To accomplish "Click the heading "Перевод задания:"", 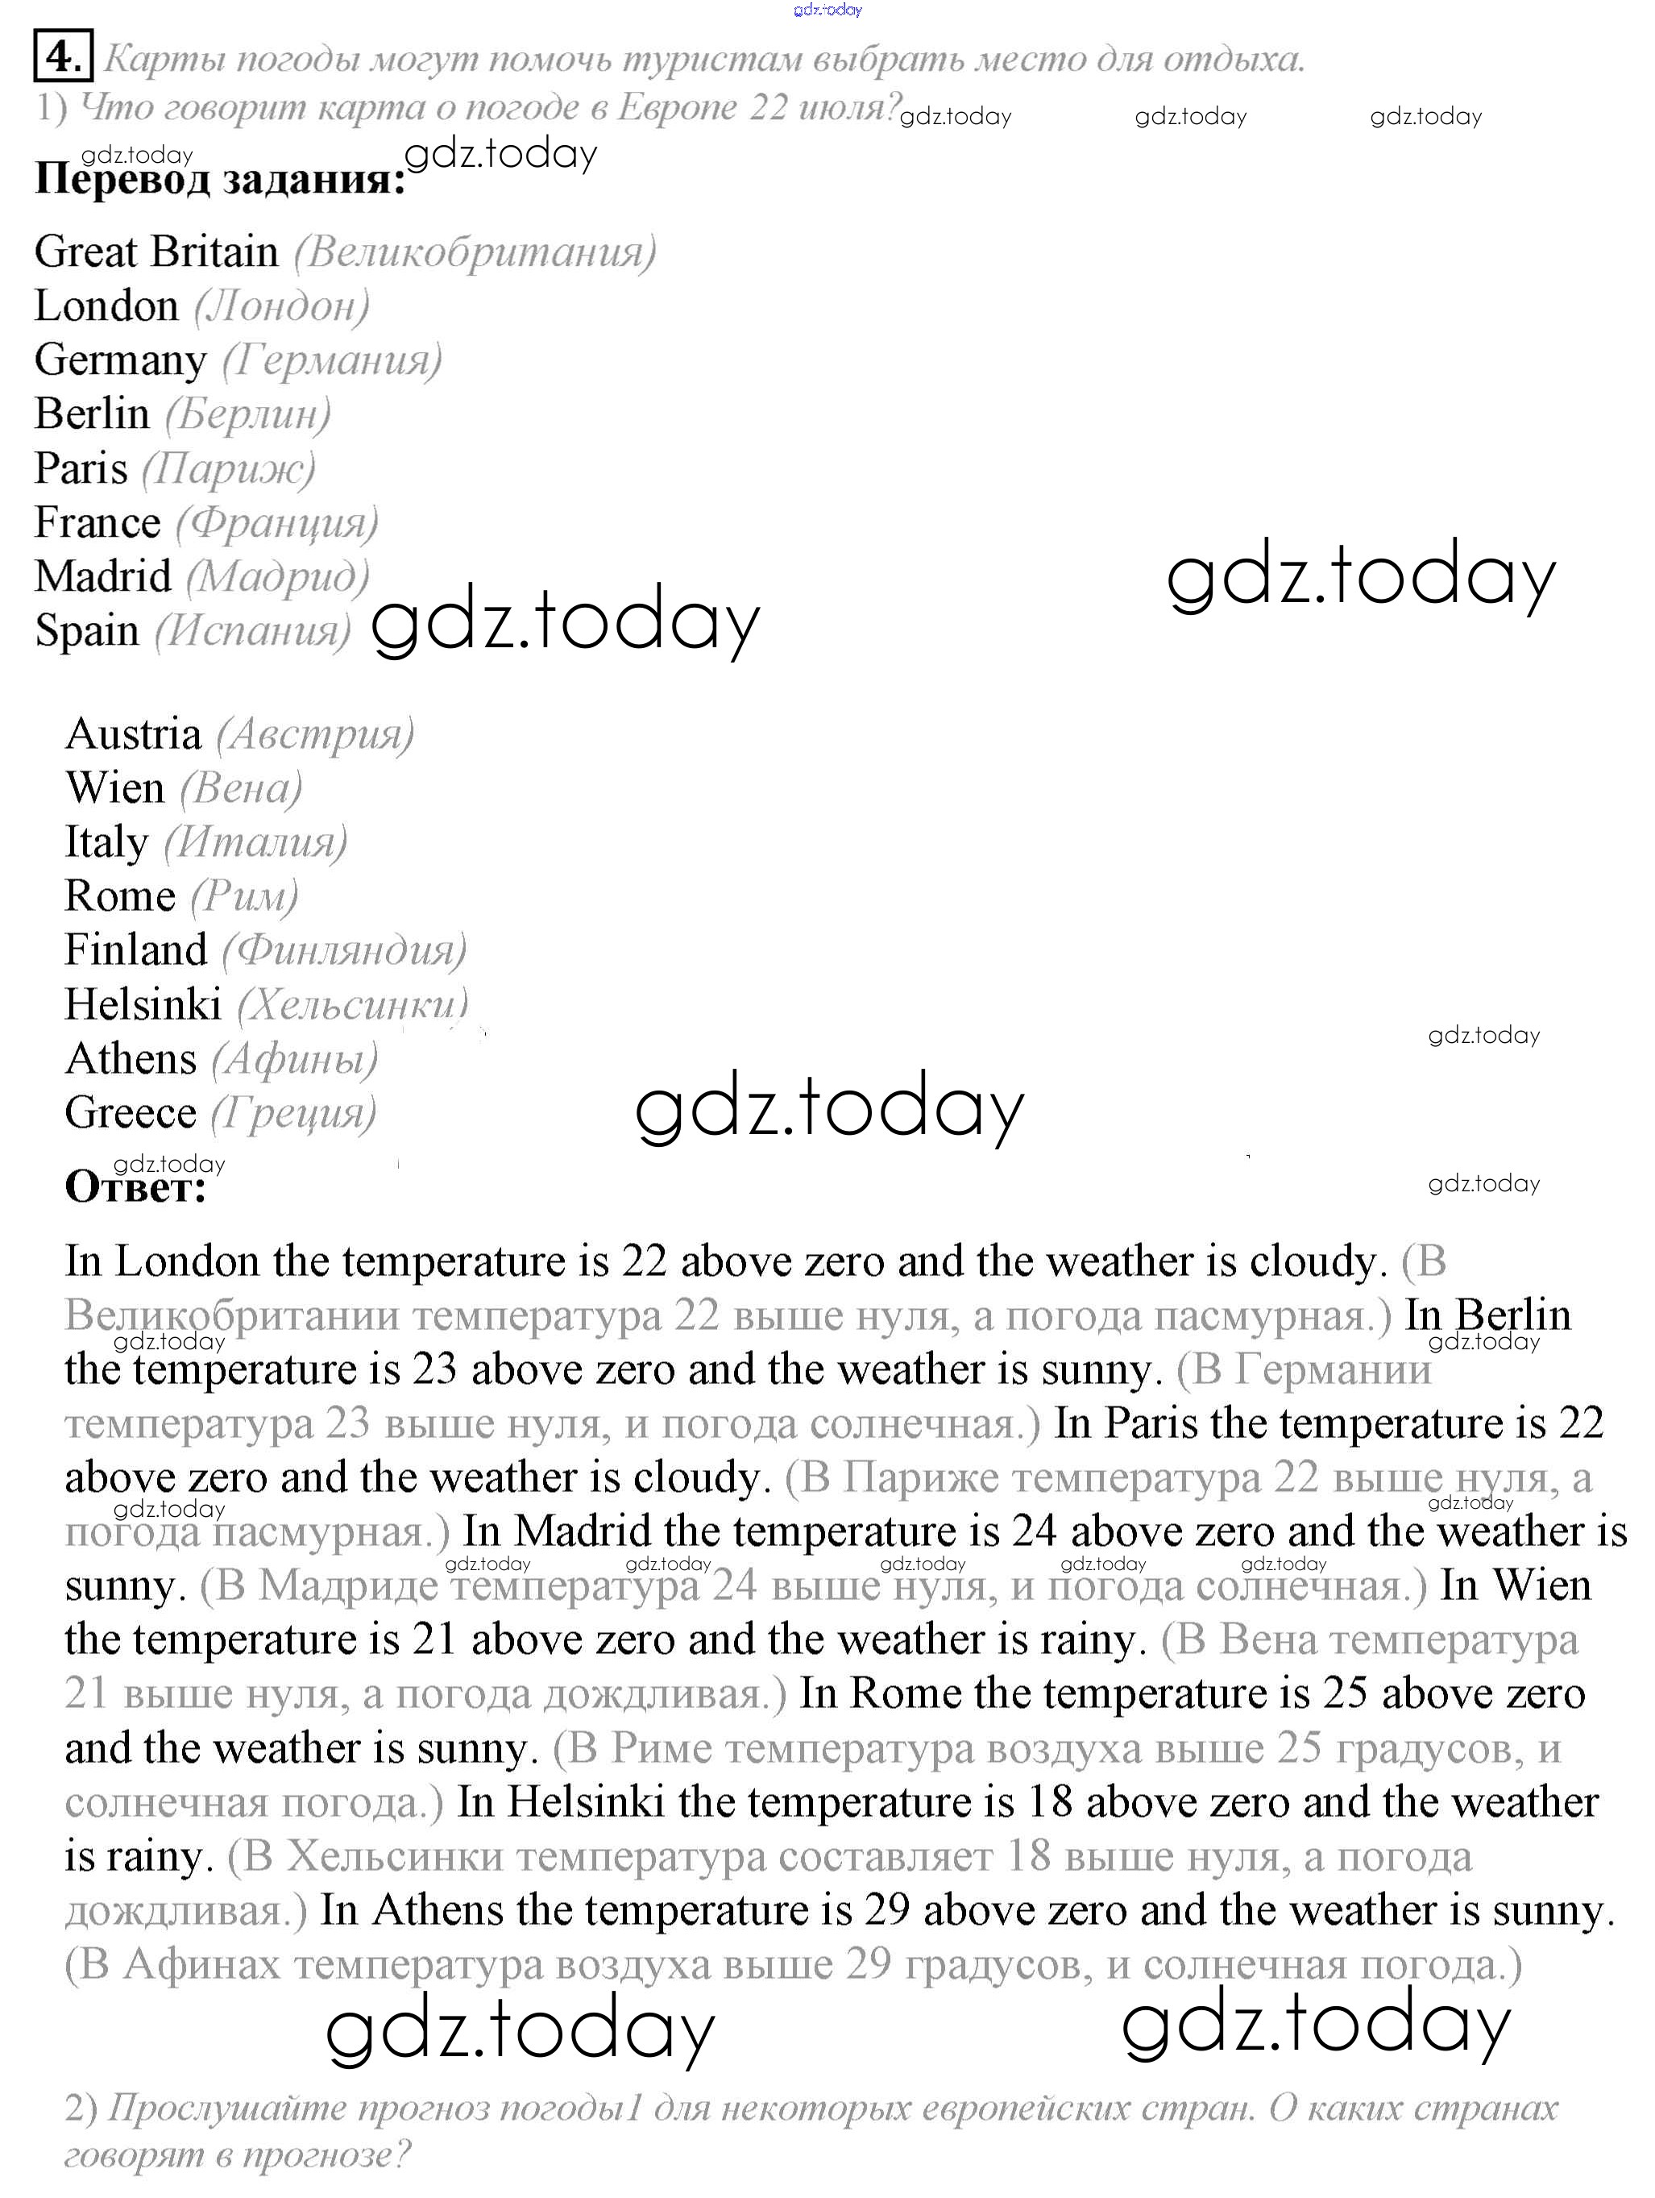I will click(x=219, y=180).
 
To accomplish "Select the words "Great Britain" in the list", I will click(x=156, y=251).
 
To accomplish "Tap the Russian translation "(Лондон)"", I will click(x=282, y=306).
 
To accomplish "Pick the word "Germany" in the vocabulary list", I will click(x=120, y=359).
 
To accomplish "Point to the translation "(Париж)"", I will click(x=229, y=468).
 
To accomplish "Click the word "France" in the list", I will click(x=97, y=522).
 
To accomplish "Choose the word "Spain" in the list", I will click(x=86, y=630).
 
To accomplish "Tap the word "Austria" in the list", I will click(x=133, y=734).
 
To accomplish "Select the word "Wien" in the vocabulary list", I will click(x=114, y=788).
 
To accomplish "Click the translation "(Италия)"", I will click(x=255, y=842).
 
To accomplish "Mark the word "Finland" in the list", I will click(x=136, y=950).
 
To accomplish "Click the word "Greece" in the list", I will click(x=131, y=1113).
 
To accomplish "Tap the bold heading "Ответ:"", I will click(x=135, y=1186).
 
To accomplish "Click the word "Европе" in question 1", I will click(x=677, y=107).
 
